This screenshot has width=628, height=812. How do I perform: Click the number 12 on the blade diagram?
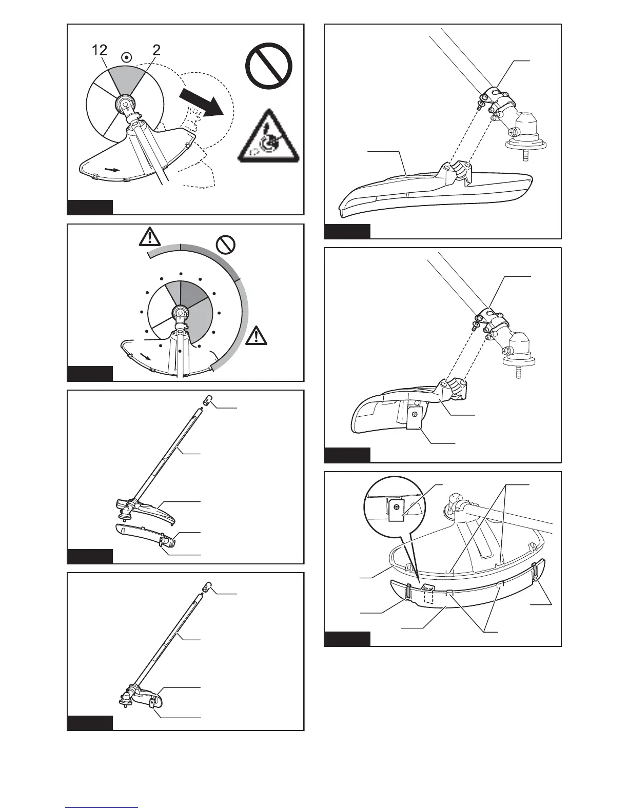pos(100,50)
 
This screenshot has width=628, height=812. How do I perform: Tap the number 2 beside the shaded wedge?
pos(156,50)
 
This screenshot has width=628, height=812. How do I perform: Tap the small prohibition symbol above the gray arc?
pos(225,246)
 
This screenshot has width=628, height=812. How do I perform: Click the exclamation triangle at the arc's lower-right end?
pos(256,336)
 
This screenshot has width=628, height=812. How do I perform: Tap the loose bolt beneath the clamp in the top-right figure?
pos(479,106)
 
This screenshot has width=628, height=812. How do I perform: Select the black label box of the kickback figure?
pos(90,207)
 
